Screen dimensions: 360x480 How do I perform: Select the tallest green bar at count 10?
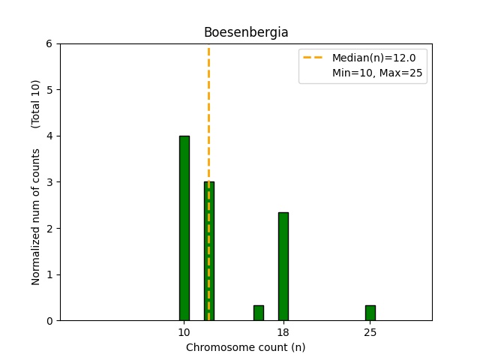coord(184,228)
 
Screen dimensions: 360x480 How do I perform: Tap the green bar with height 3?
coord(209,251)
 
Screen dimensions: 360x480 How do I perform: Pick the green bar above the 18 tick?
coord(283,266)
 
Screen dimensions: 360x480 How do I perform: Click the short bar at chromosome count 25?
coord(370,313)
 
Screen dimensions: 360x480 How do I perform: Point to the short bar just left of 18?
coord(259,313)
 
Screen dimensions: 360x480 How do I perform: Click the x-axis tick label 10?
coord(184,332)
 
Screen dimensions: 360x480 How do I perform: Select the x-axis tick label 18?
coord(283,332)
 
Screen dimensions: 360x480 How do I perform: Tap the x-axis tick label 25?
coord(370,332)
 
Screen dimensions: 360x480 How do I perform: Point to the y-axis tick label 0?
coord(50,321)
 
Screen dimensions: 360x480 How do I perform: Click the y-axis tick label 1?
coord(50,274)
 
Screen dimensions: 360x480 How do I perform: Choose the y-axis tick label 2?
coord(50,229)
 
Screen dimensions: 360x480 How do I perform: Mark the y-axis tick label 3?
coord(50,182)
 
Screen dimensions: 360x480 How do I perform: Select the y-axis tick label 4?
coord(50,136)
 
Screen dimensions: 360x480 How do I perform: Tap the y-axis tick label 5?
coord(50,90)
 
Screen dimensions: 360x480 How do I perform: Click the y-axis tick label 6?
coord(50,44)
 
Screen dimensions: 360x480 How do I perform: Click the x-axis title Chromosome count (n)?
coord(245,347)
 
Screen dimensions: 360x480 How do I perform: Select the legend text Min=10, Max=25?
coord(379,73)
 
